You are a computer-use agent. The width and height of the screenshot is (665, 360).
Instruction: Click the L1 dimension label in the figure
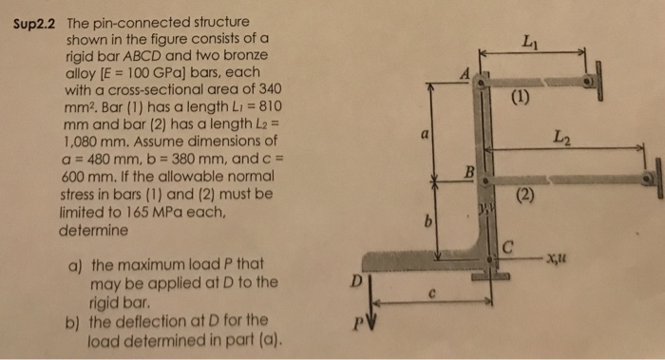529,41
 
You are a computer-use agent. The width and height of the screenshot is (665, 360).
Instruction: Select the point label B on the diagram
468,171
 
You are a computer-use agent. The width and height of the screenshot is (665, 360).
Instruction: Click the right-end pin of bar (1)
591,82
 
